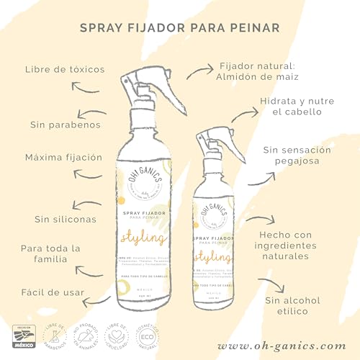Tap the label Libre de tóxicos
65,70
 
